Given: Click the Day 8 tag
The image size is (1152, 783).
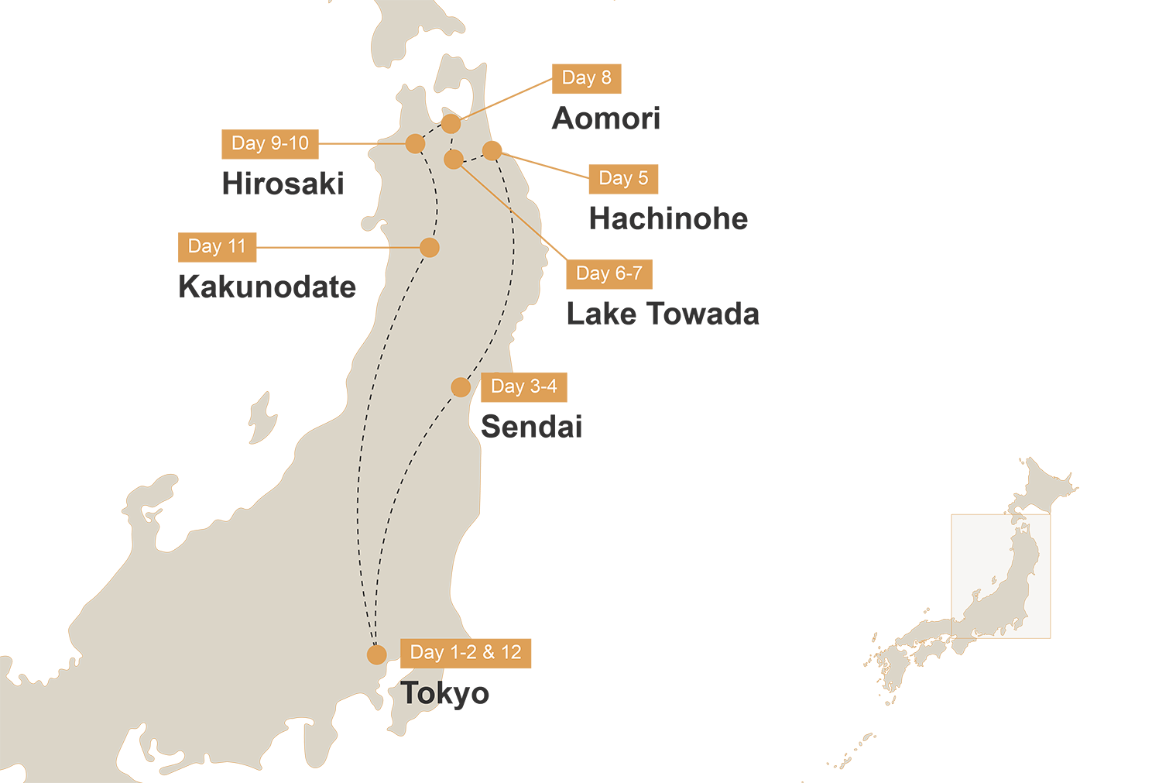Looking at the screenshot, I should (586, 78).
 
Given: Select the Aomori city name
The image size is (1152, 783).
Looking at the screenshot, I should (606, 118).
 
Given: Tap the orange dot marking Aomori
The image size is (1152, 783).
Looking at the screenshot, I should (451, 123).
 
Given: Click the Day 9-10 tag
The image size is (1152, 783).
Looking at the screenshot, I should (269, 143).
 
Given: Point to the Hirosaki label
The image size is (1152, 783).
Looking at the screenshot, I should (283, 184).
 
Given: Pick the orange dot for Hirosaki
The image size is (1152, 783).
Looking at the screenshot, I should (416, 143).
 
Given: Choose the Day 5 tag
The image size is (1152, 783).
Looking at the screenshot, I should (623, 179).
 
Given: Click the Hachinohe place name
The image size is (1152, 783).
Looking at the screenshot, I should (668, 218).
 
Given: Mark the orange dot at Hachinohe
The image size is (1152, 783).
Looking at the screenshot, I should (492, 149).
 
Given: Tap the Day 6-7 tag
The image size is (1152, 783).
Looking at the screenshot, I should (609, 274).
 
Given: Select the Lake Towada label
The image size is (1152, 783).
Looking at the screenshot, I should (663, 314).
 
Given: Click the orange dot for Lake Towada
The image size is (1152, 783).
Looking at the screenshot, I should (454, 160).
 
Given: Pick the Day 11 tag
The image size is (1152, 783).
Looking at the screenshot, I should (217, 247).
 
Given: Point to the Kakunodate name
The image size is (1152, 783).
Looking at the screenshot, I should (267, 287).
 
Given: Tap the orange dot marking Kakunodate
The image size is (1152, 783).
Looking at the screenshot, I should (430, 247).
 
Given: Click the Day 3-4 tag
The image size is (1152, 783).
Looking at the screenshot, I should (523, 386).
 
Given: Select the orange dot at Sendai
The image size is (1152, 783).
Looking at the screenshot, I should (461, 386).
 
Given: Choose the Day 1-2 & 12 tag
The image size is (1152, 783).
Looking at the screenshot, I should (465, 653).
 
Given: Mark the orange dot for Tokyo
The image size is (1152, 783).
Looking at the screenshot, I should (377, 654).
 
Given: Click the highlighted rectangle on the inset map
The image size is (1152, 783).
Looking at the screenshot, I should (1000, 576).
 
